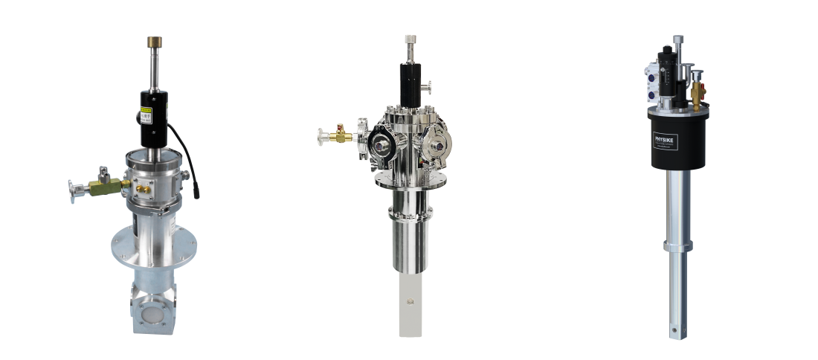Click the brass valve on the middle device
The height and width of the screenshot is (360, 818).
(x=339, y=137)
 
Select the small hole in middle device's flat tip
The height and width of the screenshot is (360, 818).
(x=408, y=302)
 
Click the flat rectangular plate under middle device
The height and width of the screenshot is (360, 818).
(x=408, y=305)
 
